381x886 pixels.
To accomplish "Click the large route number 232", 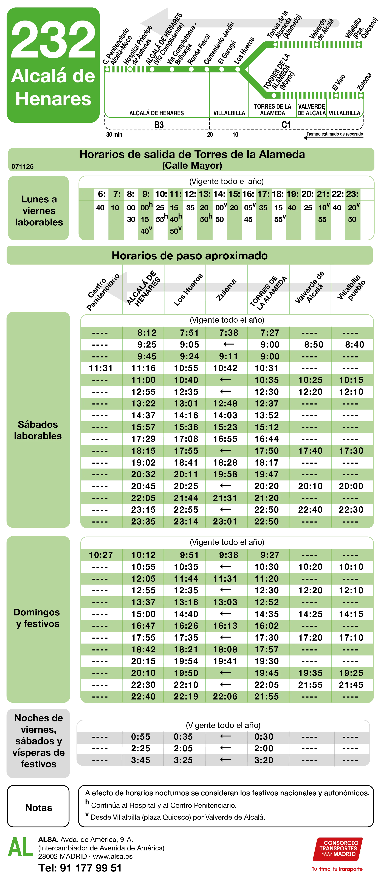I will click(x=53, y=40).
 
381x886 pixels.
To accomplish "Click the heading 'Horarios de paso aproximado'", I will click(x=190, y=256).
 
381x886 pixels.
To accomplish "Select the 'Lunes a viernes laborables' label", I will click(x=39, y=211).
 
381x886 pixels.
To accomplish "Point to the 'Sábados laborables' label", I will click(x=38, y=430).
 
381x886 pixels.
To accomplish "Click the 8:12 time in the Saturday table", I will click(x=147, y=333).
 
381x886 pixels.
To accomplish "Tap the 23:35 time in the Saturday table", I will click(x=143, y=521).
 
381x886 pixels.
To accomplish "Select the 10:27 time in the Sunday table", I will click(x=100, y=555).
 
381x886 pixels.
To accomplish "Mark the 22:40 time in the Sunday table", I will click(x=143, y=696).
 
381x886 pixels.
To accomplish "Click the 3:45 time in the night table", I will click(x=140, y=760).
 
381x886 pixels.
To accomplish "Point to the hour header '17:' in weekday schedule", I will click(x=263, y=194).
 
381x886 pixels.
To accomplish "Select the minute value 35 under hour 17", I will click(x=263, y=208).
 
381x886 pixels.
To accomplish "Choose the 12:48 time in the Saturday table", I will click(x=225, y=403).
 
